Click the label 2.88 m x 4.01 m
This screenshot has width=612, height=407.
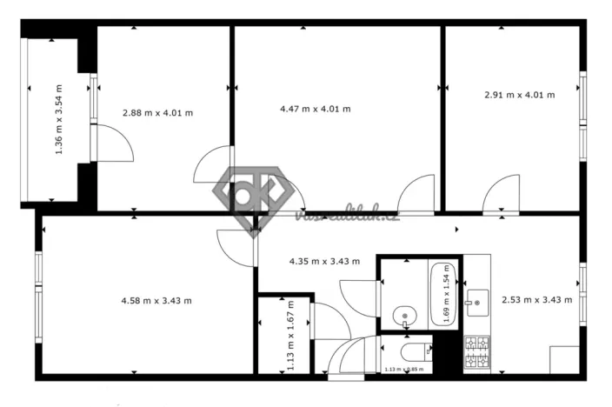coord(157,112)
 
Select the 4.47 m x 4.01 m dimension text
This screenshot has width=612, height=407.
coord(315,109)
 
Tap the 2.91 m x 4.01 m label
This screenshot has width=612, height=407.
coord(519,95)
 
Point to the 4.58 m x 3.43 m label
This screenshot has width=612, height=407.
coord(156,301)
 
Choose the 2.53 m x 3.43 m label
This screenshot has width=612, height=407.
coord(536,301)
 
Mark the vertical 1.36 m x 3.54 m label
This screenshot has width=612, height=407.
coord(59,119)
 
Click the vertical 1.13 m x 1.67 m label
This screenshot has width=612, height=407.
coord(291,337)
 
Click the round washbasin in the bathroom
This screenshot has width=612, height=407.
coord(403,316)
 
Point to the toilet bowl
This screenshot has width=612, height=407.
coord(416,351)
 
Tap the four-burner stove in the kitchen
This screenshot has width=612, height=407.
coord(477,351)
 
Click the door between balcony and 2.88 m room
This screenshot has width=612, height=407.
coord(113,143)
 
